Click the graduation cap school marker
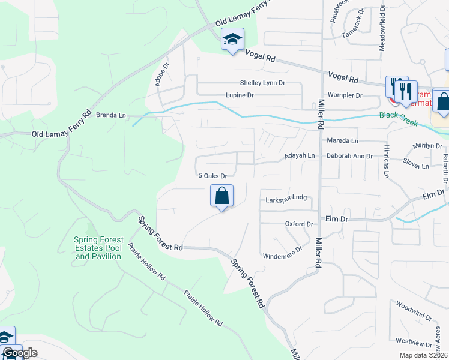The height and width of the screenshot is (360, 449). (232, 40)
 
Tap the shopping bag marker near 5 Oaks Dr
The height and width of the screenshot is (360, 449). (221, 196)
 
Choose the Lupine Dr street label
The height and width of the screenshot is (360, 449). (240, 95)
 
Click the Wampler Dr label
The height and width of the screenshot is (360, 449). (345, 95)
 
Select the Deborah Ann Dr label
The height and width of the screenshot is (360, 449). (351, 155)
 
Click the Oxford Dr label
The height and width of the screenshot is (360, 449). (299, 224)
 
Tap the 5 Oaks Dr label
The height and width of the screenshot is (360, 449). (212, 176)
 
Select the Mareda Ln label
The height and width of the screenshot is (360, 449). (342, 140)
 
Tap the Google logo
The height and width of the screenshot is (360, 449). (20, 353)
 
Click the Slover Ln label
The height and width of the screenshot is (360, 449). (416, 166)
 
